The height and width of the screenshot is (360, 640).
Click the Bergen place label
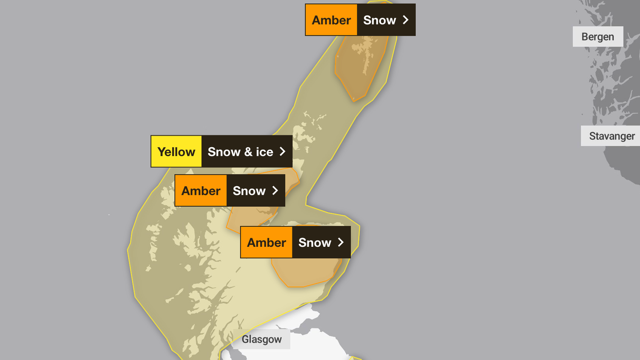(x=597, y=37)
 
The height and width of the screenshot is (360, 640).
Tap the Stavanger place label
(x=612, y=136)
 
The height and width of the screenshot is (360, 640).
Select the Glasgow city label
(x=262, y=339)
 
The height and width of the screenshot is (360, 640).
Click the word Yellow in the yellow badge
(x=176, y=152)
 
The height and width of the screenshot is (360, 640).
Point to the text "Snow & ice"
(x=240, y=152)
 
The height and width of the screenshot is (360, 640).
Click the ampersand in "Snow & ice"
(x=248, y=152)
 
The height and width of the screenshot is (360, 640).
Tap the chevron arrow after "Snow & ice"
(x=282, y=152)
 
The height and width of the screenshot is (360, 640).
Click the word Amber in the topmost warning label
(x=331, y=20)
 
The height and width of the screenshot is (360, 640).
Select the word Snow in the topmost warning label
(x=379, y=20)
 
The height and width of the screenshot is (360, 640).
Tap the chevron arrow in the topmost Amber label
(x=406, y=20)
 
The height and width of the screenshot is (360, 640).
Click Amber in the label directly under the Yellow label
(x=200, y=191)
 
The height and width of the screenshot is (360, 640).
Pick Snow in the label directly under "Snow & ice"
(x=249, y=191)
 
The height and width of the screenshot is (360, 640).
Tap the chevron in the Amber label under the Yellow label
(x=275, y=191)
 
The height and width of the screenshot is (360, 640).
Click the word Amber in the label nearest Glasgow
(x=266, y=243)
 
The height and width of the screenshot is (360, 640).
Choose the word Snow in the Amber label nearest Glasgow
(x=315, y=243)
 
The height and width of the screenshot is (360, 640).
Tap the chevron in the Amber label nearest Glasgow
(x=341, y=243)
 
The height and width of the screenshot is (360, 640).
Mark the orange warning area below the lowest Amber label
(x=303, y=273)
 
